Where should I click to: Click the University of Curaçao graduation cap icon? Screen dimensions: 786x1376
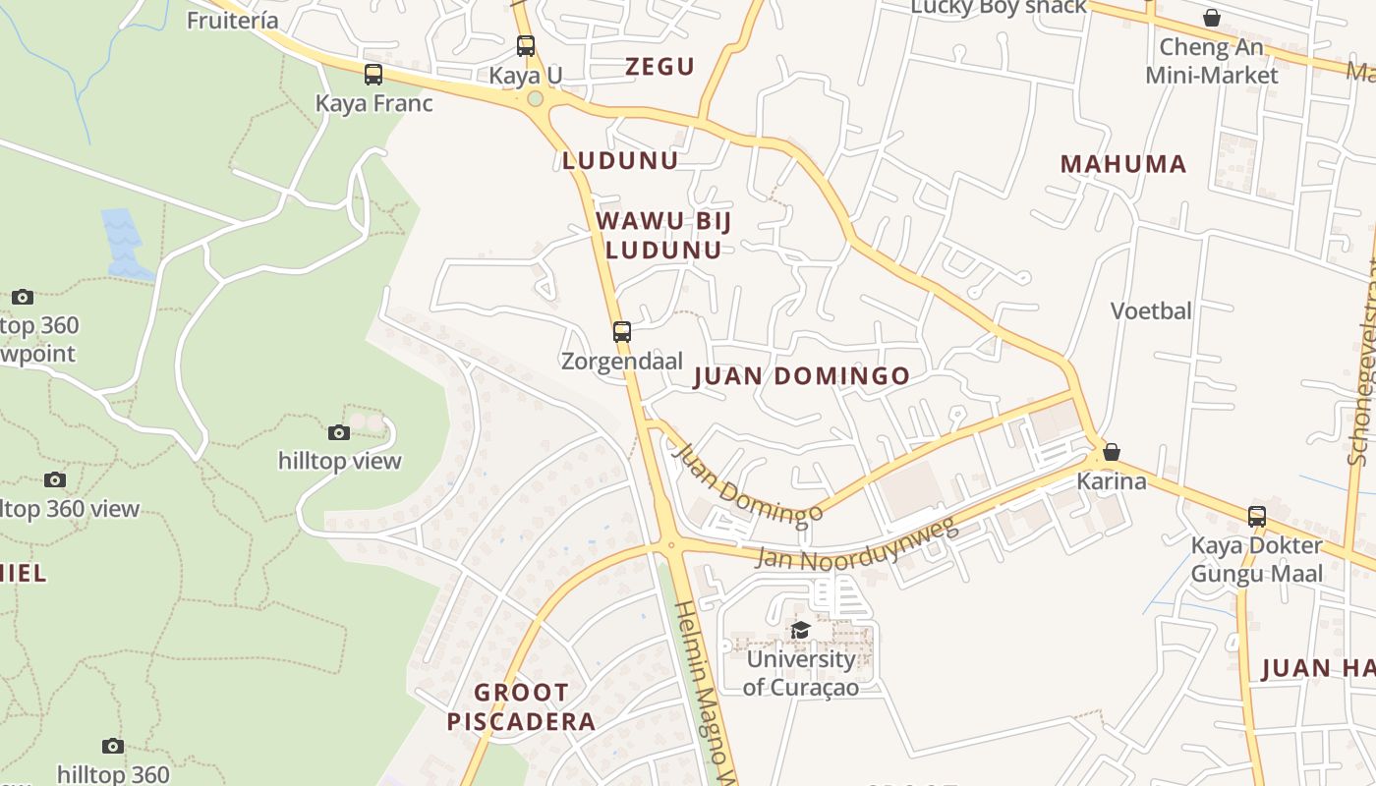tap(800, 630)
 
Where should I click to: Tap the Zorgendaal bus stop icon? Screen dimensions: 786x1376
tap(621, 332)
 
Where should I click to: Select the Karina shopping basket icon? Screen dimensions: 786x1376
tap(1111, 452)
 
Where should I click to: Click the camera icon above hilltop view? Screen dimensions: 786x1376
tap(338, 432)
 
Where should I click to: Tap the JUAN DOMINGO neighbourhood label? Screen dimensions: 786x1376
tap(801, 376)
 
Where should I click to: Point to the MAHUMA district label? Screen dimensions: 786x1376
tap(1122, 164)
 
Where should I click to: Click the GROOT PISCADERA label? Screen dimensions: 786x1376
tap(521, 707)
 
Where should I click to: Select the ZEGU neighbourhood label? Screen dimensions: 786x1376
tap(659, 67)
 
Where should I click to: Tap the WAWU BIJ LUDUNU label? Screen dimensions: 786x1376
tap(663, 235)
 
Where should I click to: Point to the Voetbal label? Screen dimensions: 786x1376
tap(1151, 311)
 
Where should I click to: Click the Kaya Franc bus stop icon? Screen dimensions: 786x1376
tap(373, 75)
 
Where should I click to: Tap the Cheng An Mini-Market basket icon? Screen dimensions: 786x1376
tap(1211, 18)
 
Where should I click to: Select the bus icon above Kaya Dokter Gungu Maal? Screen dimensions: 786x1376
tap(1256, 516)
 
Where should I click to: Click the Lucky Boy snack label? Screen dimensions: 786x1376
tap(999, 8)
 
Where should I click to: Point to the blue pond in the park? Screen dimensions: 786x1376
tap(123, 241)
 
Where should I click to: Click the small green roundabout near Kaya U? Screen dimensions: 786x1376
tap(535, 98)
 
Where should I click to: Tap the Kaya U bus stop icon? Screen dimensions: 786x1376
tap(526, 45)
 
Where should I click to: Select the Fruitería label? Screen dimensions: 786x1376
tap(233, 20)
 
